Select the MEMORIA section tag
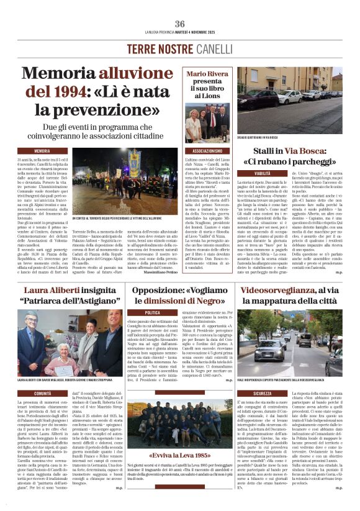[43, 151]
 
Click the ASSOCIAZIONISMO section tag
[208, 151]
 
